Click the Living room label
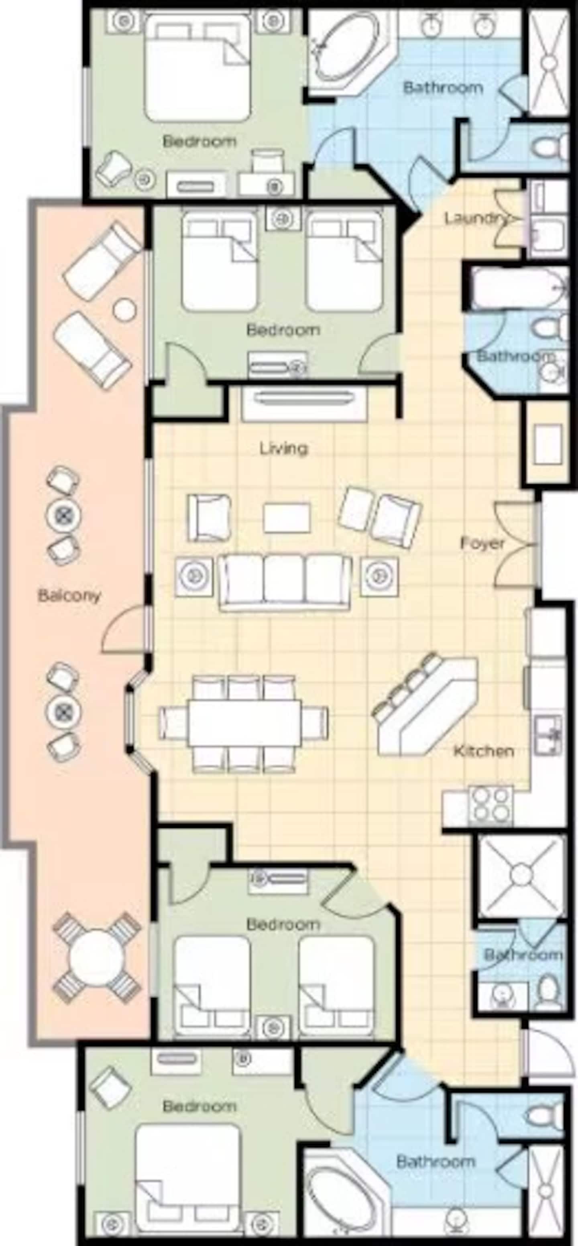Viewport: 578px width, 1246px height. pyautogui.click(x=283, y=448)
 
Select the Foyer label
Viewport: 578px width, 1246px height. pyautogui.click(x=482, y=543)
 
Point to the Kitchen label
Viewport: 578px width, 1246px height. pyautogui.click(x=483, y=751)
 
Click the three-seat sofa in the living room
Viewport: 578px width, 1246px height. pyautogui.click(x=285, y=582)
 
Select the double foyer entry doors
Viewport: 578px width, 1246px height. pyautogui.click(x=515, y=543)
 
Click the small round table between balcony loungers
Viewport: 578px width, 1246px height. pyautogui.click(x=124, y=309)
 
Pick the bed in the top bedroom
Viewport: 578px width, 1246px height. pyautogui.click(x=197, y=68)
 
